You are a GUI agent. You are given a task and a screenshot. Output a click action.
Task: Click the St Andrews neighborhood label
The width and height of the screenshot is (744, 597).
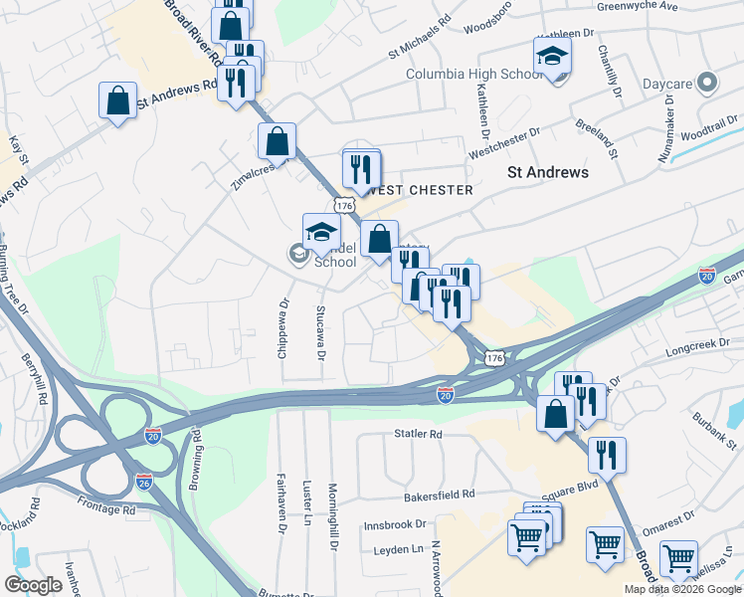[548, 172]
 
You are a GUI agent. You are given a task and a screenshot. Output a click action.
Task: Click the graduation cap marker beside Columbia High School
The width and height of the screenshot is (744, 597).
[552, 59]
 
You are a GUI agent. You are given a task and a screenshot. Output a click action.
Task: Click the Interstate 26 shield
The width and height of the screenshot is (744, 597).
[144, 481]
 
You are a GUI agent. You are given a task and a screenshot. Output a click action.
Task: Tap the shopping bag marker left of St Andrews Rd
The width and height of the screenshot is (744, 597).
[117, 101]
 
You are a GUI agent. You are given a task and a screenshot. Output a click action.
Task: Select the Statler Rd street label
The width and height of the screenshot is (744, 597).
[417, 434]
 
